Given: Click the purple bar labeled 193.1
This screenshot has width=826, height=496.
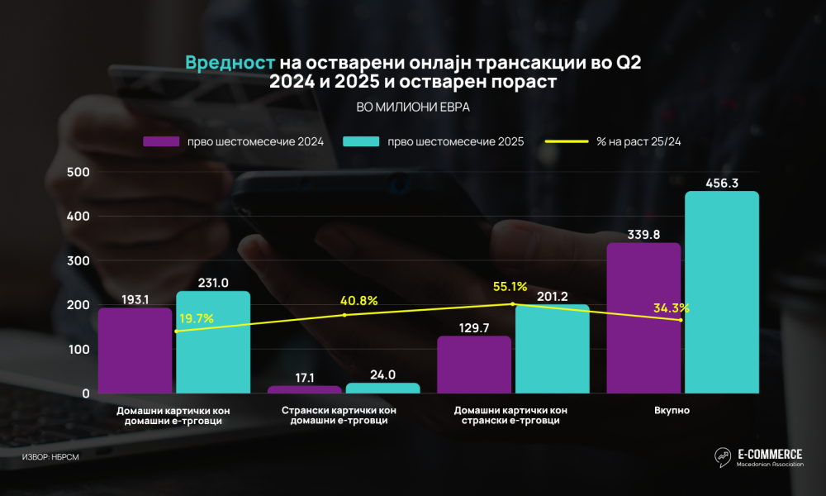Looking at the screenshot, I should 135,351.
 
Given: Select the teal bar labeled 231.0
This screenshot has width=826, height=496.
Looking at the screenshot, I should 213,342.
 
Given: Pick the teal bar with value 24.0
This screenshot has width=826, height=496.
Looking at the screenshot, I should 382,388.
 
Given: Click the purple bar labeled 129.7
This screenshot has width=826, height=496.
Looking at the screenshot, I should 473,365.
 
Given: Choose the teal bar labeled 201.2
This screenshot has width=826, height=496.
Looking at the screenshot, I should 552,349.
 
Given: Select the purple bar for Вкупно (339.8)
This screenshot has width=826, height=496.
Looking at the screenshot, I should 643,318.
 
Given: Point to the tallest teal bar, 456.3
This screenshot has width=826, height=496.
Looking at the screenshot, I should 721,293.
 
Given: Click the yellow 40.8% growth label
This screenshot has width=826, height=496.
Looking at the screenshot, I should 358,301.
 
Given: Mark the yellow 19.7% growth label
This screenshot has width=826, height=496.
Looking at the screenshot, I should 197,317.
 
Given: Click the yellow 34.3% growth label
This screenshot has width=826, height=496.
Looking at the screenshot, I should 671,308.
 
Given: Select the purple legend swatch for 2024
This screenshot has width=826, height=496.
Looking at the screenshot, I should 161,141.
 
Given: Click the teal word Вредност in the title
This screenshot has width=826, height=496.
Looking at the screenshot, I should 230,63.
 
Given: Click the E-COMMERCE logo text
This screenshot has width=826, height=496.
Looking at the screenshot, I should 769,454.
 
